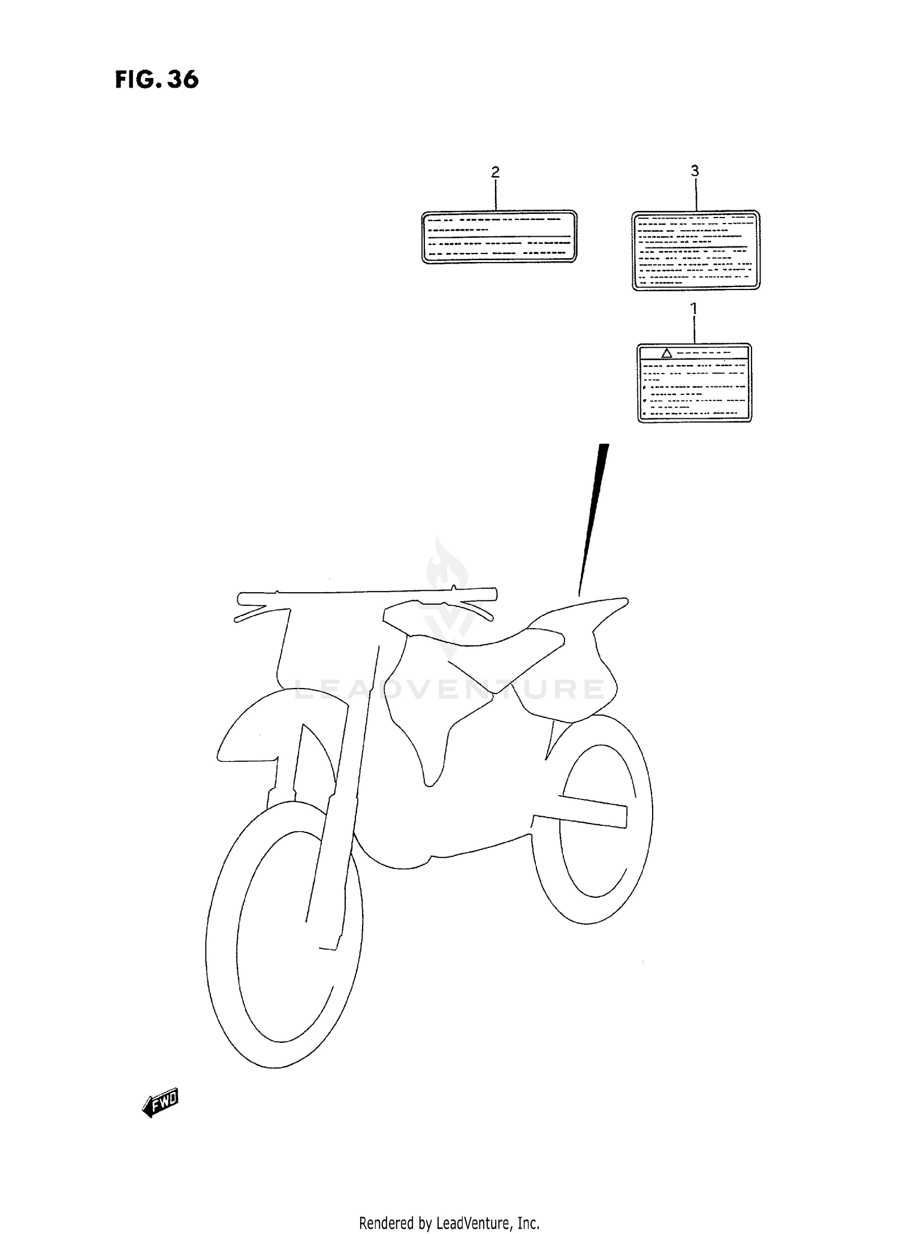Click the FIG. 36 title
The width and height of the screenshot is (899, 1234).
[x=156, y=80]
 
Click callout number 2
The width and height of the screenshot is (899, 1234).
[x=495, y=172]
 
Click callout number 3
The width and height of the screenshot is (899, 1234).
[x=695, y=171]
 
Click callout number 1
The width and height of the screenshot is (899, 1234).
[x=693, y=309]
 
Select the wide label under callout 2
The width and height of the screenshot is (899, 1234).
[x=499, y=237]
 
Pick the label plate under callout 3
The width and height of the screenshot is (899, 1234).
[x=696, y=251]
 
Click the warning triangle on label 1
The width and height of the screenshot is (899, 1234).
[x=666, y=353]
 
